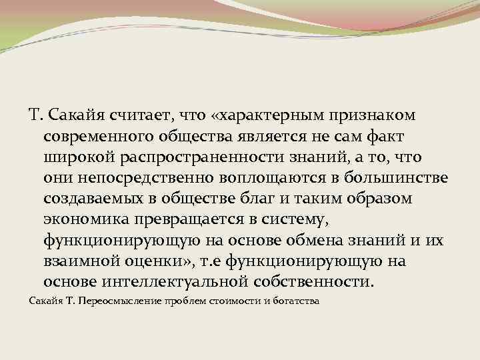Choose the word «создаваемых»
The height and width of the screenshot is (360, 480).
click(91, 199)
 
